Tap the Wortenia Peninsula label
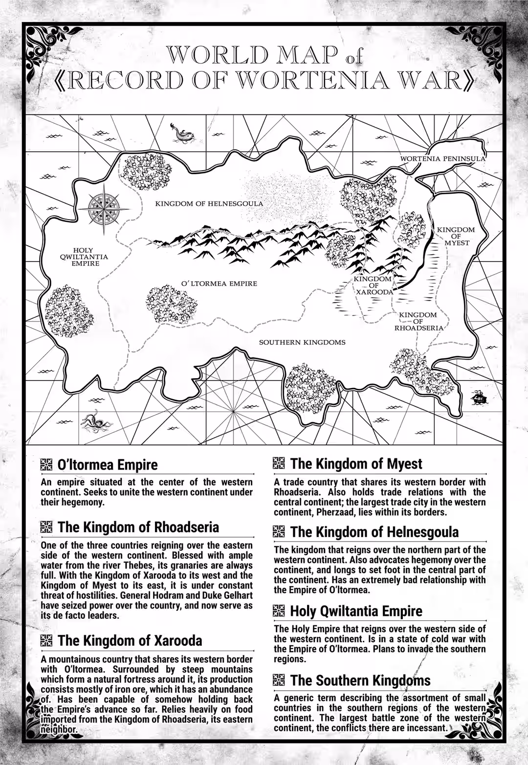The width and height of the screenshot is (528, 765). pyautogui.click(x=443, y=158)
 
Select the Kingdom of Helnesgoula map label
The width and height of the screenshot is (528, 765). pyautogui.click(x=209, y=203)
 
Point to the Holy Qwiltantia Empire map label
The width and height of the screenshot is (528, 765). pyautogui.click(x=84, y=257)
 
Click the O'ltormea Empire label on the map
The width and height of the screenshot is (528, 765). pyautogui.click(x=219, y=284)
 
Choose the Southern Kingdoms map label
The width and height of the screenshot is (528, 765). pyautogui.click(x=302, y=342)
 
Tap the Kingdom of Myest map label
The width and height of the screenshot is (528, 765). pyautogui.click(x=456, y=236)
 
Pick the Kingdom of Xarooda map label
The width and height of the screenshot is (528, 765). pyautogui.click(x=374, y=285)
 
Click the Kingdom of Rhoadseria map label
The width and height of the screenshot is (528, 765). pyautogui.click(x=418, y=321)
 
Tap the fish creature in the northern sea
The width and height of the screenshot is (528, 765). pyautogui.click(x=181, y=134)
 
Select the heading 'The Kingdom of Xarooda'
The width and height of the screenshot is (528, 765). pyautogui.click(x=130, y=640)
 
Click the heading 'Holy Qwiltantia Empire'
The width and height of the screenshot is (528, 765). pyautogui.click(x=356, y=611)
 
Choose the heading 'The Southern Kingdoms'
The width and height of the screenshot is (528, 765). pyautogui.click(x=360, y=680)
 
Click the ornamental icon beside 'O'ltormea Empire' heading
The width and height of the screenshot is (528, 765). pyautogui.click(x=46, y=464)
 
